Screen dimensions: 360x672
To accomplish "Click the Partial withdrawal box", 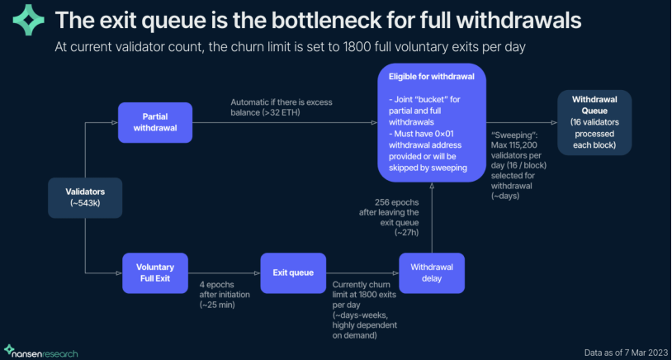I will pos(155,122).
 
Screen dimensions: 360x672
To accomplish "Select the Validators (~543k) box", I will pos(85,197).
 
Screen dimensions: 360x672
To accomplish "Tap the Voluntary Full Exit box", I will pos(155,273).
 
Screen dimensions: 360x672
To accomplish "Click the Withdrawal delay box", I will pos(431,273).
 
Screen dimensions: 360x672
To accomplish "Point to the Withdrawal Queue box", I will pos(594,123).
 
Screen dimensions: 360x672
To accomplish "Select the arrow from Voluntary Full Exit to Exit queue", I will pos(224,273).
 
